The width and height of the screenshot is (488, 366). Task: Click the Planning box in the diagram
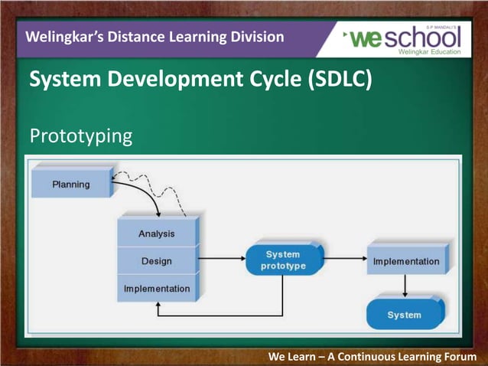pos(70,184)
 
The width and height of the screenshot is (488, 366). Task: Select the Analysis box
pos(156,234)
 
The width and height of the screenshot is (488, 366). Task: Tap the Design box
pos(156,261)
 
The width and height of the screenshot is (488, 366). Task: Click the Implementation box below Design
pos(156,289)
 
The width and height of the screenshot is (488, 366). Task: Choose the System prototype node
pos(283,260)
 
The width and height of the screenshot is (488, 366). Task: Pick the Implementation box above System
pos(405,261)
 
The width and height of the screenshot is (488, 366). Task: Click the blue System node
pos(404,315)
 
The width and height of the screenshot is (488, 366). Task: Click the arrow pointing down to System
pos(405,286)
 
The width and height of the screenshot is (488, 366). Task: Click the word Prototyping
pos(80,136)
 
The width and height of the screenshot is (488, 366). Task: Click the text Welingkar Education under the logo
pos(430,52)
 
